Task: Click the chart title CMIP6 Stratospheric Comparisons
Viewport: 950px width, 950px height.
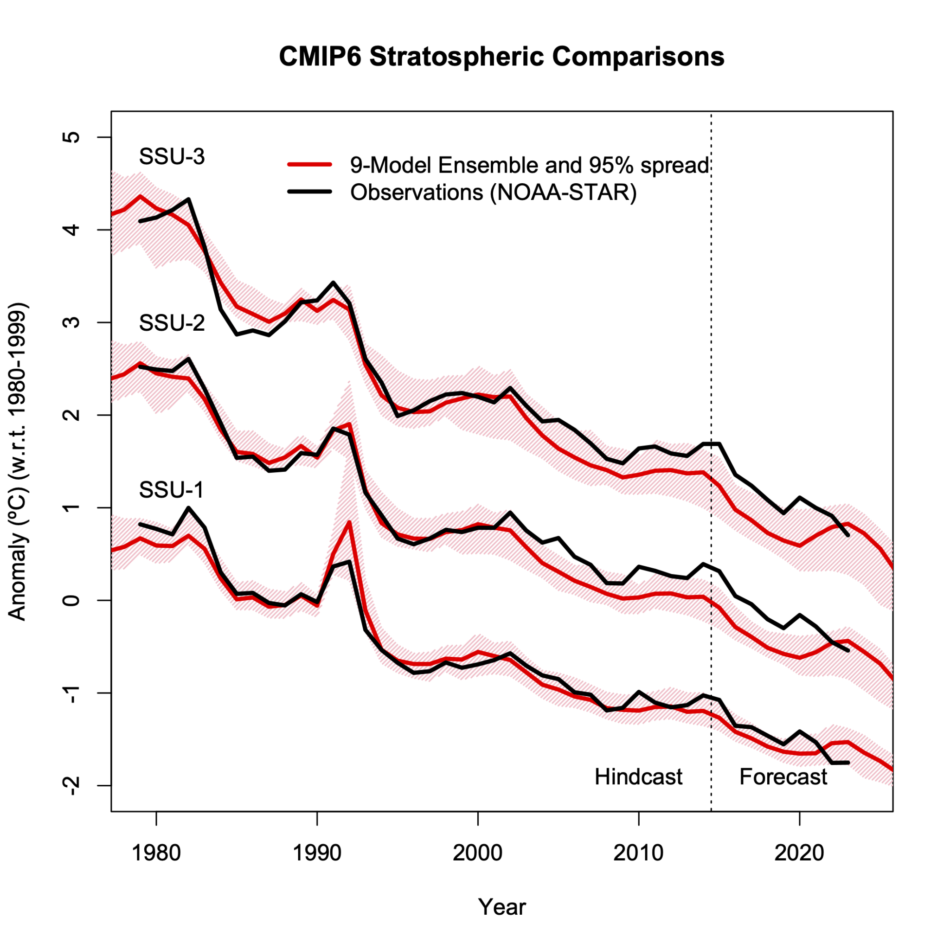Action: click(501, 57)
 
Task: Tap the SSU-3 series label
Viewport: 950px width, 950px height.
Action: click(172, 156)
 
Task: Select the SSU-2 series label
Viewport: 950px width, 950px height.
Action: click(172, 323)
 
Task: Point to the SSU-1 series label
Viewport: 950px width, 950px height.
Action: click(171, 490)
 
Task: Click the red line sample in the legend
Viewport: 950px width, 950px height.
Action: click(310, 165)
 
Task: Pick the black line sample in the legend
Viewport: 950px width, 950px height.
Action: click(310, 192)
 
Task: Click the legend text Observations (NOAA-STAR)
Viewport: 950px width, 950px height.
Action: click(493, 192)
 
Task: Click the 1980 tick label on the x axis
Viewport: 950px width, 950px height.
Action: click(156, 853)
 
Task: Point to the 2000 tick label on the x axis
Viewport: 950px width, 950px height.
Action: click(477, 853)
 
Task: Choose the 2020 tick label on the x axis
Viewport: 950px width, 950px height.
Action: click(799, 853)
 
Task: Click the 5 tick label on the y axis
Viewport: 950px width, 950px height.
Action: click(72, 137)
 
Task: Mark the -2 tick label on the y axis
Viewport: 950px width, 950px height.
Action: click(72, 785)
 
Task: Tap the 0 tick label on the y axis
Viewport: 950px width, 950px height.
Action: click(72, 600)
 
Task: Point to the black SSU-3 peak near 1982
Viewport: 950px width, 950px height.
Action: click(189, 199)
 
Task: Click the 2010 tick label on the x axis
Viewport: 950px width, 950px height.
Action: click(638, 853)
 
